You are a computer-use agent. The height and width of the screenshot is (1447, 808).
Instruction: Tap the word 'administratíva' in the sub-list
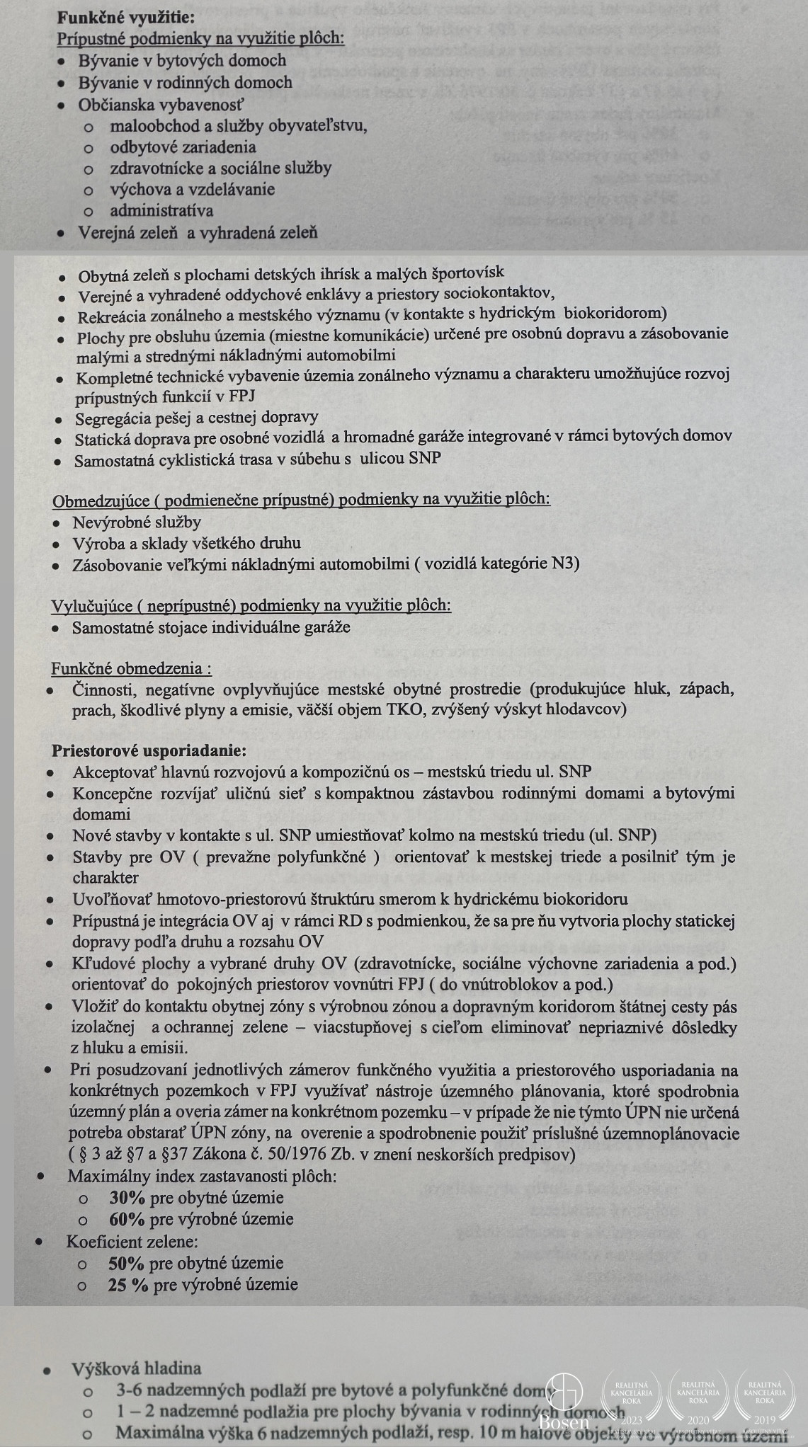click(161, 210)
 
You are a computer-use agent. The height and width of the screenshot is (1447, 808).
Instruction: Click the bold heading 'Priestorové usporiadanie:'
click(149, 750)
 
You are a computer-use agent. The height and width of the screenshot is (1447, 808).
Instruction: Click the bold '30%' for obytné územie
click(127, 1198)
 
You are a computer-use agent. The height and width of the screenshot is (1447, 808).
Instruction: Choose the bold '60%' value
click(127, 1219)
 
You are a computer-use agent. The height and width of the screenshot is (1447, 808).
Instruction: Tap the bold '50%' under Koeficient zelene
click(126, 1263)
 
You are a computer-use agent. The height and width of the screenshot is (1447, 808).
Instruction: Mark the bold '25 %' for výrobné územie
click(128, 1284)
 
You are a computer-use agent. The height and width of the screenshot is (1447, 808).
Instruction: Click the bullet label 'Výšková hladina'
click(137, 1368)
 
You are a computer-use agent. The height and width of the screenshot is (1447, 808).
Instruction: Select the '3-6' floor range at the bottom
click(131, 1390)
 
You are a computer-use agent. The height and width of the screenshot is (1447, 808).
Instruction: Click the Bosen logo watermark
click(564, 1402)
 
